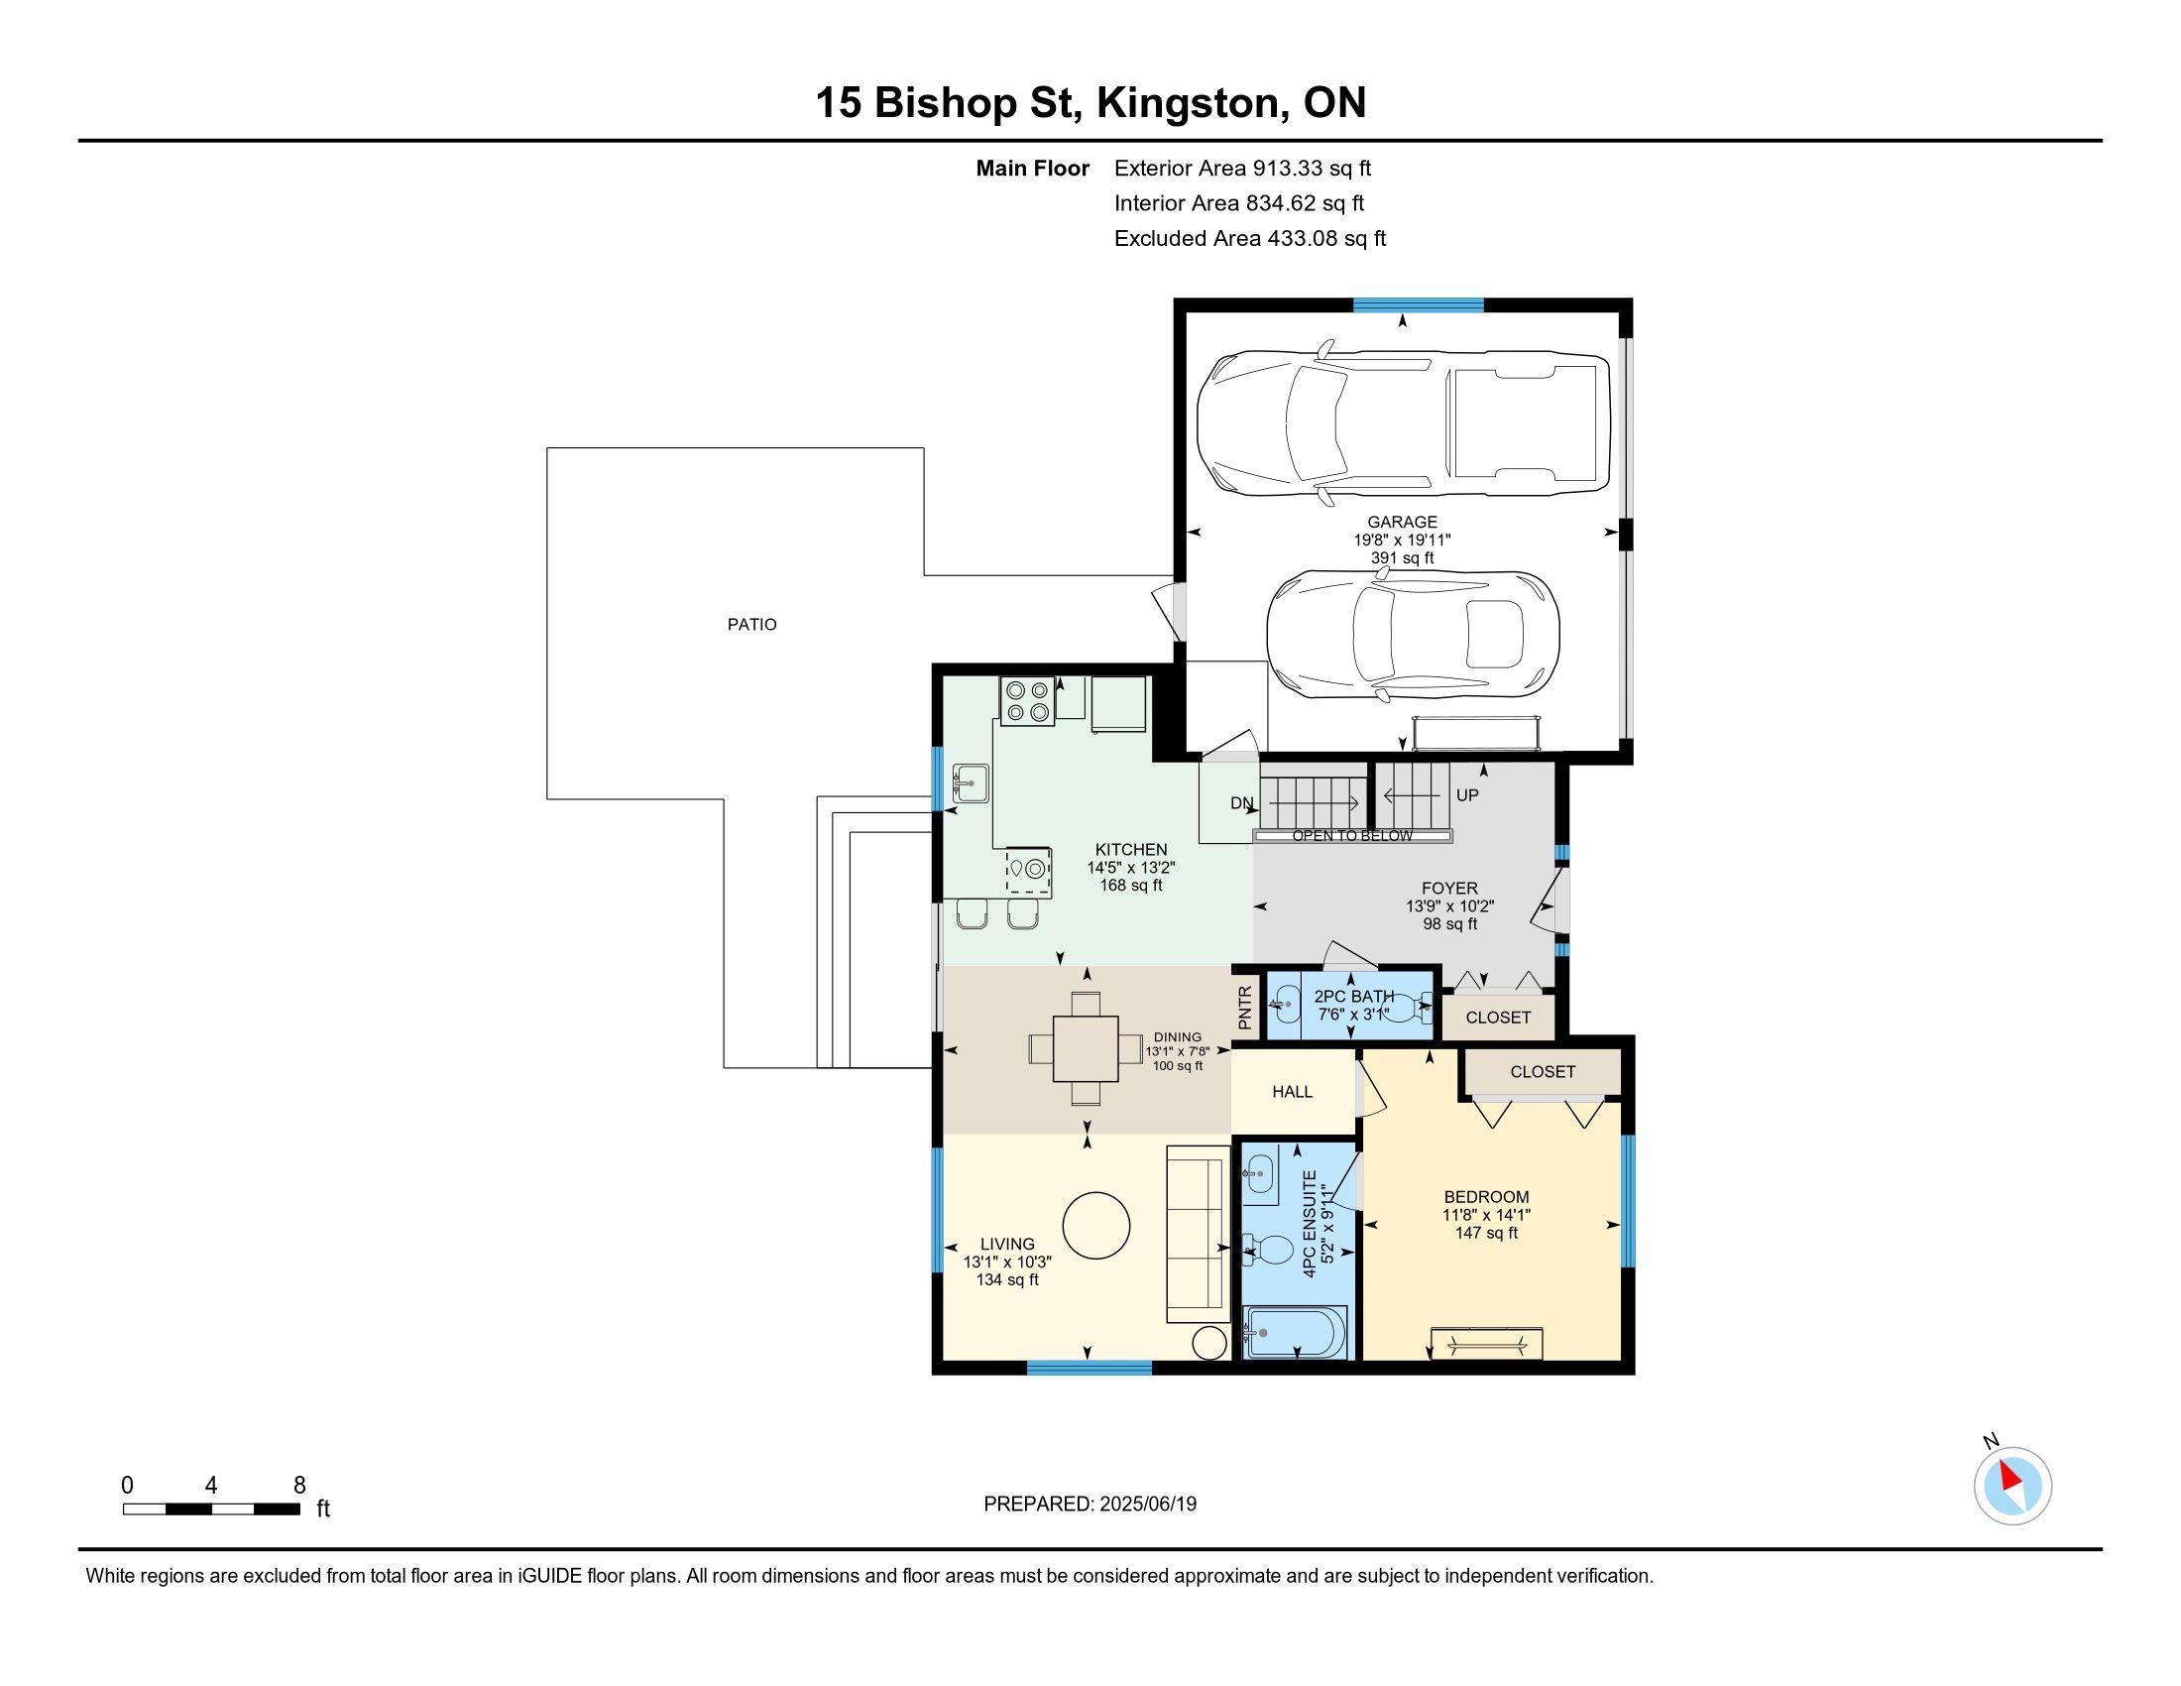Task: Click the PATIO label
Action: [x=751, y=624]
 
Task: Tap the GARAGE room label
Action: [x=1402, y=522]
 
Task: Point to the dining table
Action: [x=1086, y=1047]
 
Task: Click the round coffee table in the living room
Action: [x=1095, y=1226]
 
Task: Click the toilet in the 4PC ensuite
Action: [x=1266, y=1250]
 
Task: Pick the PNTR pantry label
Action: [x=1244, y=1008]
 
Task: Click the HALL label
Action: [x=1292, y=1092]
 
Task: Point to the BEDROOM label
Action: [x=1486, y=1197]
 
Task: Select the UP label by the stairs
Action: [x=1467, y=795]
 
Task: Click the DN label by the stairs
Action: [x=1241, y=803]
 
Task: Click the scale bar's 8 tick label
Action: [x=299, y=1485]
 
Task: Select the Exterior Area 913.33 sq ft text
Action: [x=1242, y=168]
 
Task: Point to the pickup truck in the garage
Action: [x=1403, y=423]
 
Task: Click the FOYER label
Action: [x=1449, y=888]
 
